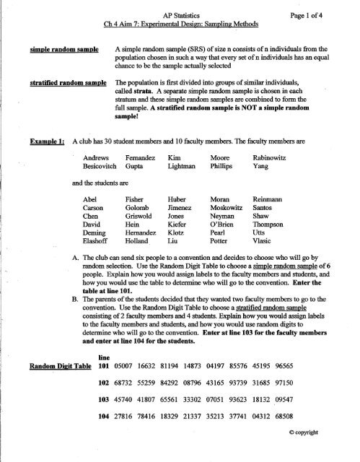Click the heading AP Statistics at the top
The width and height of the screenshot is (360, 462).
click(180, 9)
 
